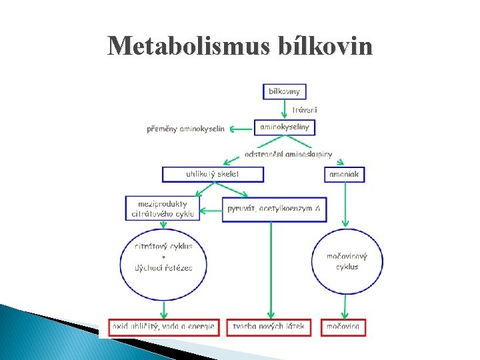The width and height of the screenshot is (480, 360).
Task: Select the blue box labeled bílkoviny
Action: [285, 91]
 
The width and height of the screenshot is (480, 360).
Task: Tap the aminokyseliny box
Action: [285, 127]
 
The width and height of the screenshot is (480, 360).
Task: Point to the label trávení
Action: [305, 109]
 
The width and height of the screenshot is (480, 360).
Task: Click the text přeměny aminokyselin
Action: [186, 129]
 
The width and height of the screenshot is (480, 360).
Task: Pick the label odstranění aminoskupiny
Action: [288, 154]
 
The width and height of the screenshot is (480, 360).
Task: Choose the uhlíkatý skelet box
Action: [213, 174]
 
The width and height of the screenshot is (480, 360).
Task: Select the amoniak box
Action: [345, 174]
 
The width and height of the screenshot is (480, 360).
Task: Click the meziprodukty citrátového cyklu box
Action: [162, 208]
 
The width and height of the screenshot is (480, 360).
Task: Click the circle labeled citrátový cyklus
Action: [163, 257]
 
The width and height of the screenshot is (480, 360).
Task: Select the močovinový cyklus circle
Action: [347, 261]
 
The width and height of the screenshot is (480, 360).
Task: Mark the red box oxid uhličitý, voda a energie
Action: [163, 327]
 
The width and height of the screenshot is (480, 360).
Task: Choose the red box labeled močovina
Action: [344, 327]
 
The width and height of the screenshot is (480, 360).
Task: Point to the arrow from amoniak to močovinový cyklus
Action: [345, 204]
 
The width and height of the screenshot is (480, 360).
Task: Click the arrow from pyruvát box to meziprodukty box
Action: [212, 210]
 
